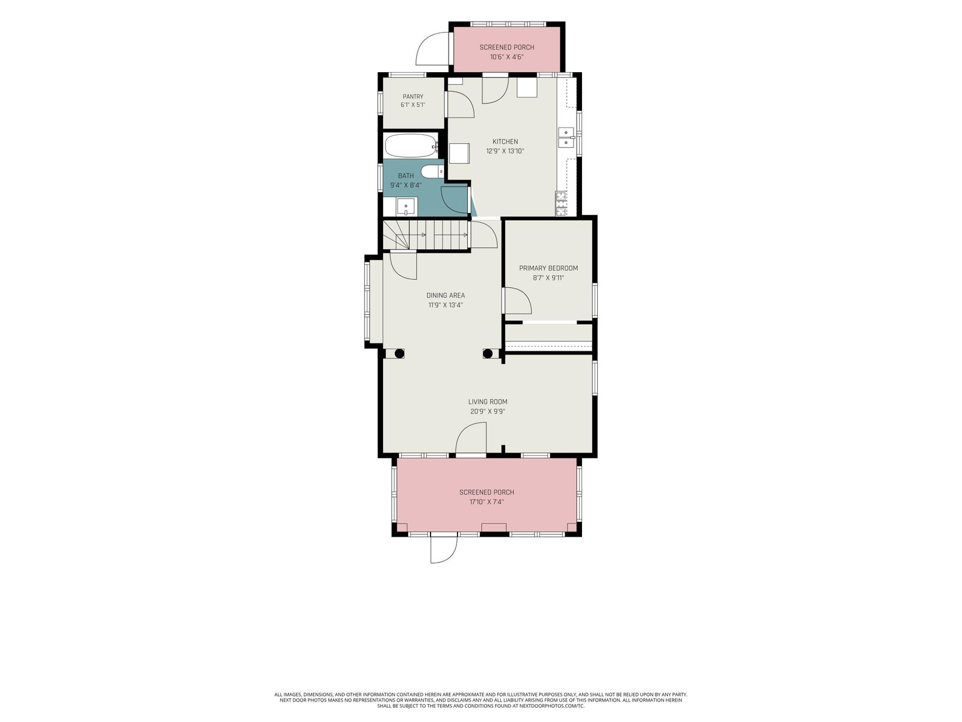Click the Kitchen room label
(505, 141)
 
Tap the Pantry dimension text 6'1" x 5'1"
(412, 105)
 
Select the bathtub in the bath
(411, 146)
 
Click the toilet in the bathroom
(432, 172)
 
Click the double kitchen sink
(566, 137)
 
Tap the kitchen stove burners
(560, 203)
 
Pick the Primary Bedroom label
(548, 268)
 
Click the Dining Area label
(446, 295)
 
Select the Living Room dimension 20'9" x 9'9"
(488, 412)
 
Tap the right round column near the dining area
(488, 353)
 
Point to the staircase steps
(426, 235)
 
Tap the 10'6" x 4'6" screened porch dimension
(507, 57)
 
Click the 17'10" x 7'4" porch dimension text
(486, 502)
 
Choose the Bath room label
(406, 176)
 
